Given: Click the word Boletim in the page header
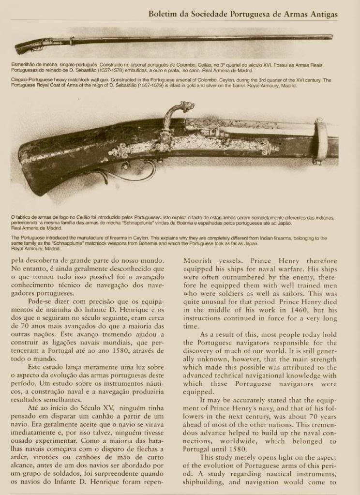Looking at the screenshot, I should click(164, 15).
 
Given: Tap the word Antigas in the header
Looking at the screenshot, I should click(322, 15).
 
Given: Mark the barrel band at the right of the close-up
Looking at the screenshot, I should click(320, 140).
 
